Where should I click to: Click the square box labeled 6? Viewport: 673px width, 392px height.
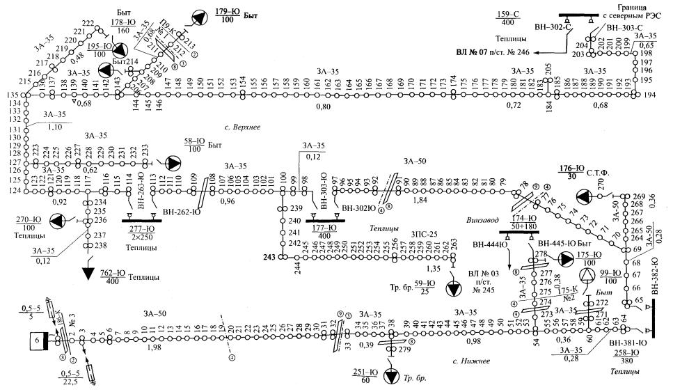36,341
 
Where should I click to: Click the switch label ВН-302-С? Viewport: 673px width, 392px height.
552,27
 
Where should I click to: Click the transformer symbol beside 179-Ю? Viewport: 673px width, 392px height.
200,19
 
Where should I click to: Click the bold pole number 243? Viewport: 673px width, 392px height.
271,256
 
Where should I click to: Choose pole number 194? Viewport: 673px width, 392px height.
649,95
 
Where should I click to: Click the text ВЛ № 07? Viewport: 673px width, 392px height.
473,53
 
